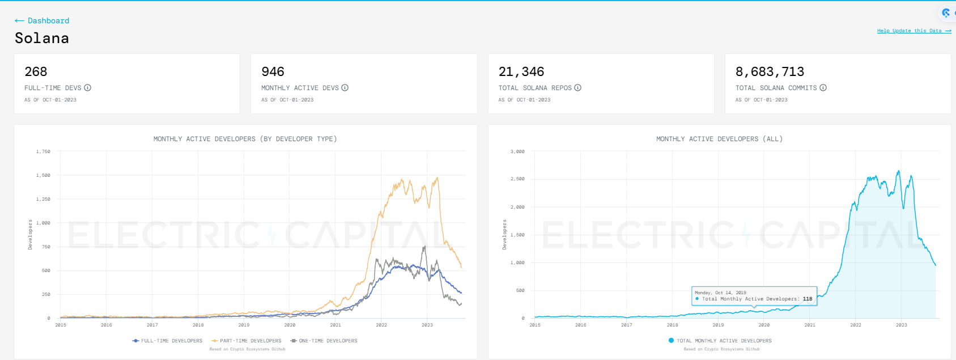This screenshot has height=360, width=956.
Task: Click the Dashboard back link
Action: coord(43,21)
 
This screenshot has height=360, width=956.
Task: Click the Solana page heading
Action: coord(42,39)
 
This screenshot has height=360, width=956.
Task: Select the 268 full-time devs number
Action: coord(36,72)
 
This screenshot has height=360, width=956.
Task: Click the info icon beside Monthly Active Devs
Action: coord(345,88)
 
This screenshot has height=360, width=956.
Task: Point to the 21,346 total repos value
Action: coord(521,72)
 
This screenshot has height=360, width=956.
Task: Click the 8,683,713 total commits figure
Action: coord(770,72)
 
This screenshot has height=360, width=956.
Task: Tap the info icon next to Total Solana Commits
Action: coord(823,88)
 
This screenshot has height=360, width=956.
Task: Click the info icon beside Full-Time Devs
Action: coord(88,88)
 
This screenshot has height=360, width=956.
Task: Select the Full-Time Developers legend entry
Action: coord(168,341)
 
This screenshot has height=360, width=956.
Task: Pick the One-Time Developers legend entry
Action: coord(324,341)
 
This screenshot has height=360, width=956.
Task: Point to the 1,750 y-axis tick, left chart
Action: coord(43,152)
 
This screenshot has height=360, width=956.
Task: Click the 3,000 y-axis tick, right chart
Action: coord(517,152)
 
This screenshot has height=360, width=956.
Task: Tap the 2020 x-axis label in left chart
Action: coord(290,325)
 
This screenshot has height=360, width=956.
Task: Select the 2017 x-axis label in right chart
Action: coord(626,325)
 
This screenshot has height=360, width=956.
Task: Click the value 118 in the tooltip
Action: coord(808,299)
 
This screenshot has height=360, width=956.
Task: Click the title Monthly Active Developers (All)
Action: coord(719,139)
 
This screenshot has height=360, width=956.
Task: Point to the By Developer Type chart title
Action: coord(245,139)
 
